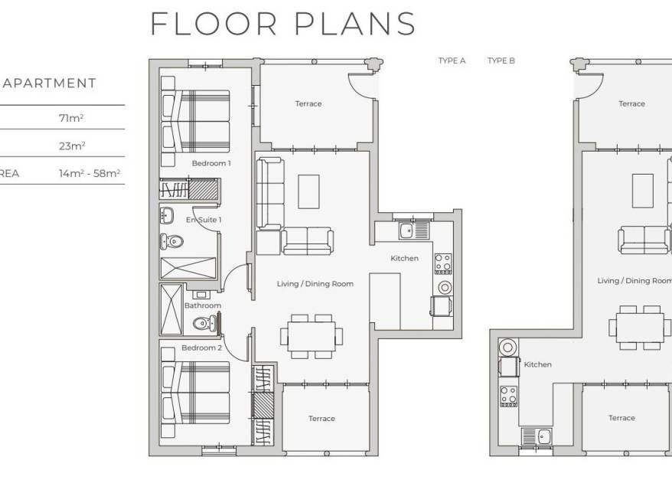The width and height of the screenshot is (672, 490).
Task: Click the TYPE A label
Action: [452, 61]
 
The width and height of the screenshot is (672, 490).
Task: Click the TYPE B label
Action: [501, 61]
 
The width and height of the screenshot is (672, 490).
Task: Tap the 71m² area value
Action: [71, 118]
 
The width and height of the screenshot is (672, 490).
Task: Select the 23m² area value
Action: [72, 145]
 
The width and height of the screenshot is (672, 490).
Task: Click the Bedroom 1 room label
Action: [211, 163]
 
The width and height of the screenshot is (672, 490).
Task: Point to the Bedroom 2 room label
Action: [202, 348]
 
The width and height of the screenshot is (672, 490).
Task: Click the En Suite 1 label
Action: [204, 220]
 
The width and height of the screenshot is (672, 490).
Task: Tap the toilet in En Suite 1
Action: [171, 242]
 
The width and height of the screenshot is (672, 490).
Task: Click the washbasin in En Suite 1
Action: [167, 215]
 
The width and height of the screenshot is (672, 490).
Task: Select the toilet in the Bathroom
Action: [204, 323]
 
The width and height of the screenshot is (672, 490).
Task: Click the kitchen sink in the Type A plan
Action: [413, 230]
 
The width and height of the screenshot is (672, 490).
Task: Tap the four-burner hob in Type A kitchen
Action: [443, 263]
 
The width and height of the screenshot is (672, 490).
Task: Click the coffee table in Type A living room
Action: [308, 191]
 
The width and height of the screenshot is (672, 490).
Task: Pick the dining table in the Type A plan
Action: [312, 336]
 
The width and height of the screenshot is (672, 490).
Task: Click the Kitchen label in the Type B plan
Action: [538, 364]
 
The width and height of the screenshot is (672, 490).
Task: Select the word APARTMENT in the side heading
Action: [50, 83]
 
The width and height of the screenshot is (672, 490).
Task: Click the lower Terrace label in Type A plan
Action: [322, 418]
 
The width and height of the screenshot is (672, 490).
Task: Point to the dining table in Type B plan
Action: [640, 328]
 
